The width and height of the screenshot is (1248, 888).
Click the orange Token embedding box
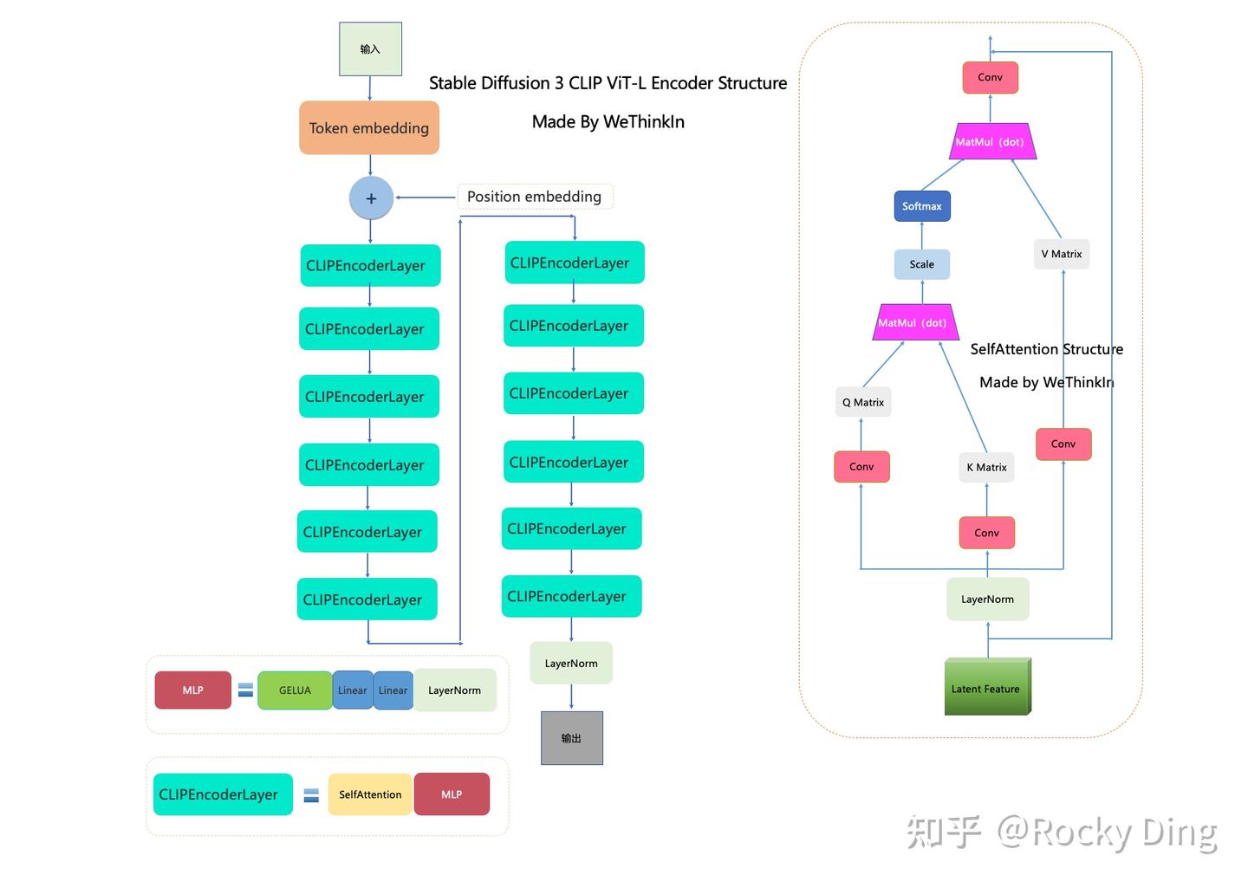click(x=369, y=128)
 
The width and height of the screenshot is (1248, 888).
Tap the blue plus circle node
click(x=371, y=198)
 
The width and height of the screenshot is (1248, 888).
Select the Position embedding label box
click(x=534, y=197)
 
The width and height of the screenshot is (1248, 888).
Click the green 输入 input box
click(x=370, y=49)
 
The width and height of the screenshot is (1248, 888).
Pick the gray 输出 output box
click(x=571, y=738)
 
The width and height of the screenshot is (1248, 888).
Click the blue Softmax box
click(x=921, y=206)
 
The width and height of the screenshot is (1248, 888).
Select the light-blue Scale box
click(x=921, y=264)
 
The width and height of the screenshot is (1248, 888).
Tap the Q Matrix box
click(x=862, y=402)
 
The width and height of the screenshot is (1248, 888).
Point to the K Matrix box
click(x=986, y=467)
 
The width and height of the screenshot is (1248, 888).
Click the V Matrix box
click(x=1061, y=254)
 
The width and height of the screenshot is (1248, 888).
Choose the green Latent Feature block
click(x=986, y=688)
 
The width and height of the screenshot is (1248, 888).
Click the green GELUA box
click(x=295, y=690)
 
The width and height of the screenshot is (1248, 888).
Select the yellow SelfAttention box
click(x=370, y=794)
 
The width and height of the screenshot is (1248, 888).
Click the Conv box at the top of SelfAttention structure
click(x=990, y=77)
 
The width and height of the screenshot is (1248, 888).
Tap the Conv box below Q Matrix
click(x=861, y=466)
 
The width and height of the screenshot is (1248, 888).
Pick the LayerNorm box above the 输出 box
click(x=571, y=663)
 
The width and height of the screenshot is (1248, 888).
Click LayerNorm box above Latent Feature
click(x=987, y=599)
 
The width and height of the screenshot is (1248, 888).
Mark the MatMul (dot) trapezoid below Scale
click(x=913, y=322)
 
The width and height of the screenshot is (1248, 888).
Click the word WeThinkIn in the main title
click(x=644, y=122)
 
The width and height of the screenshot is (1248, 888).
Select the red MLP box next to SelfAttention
click(x=452, y=794)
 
